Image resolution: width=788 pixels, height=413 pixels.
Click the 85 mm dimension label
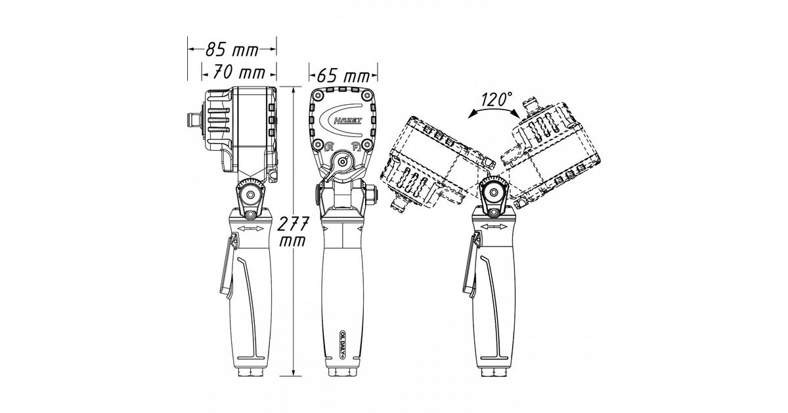232,50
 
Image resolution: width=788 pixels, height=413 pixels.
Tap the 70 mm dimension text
239,73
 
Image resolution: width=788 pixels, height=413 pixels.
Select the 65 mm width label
343,75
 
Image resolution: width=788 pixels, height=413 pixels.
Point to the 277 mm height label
293,231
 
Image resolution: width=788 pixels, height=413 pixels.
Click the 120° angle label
496,99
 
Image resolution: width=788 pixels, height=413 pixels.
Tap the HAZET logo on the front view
347,121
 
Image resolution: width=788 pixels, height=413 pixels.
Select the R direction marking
329,146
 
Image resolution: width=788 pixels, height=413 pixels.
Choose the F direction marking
356,146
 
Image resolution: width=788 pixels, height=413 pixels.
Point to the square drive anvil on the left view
193,121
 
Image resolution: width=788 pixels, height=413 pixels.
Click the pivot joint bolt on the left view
250,195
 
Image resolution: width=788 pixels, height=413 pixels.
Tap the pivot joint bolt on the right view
494,192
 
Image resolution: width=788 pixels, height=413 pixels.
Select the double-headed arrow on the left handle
250,229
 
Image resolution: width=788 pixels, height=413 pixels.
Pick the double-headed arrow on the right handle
494,227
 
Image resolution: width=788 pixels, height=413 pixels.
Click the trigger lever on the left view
228,267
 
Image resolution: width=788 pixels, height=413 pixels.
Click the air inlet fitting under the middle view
343,372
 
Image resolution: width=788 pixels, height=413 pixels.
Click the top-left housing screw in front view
318,95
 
